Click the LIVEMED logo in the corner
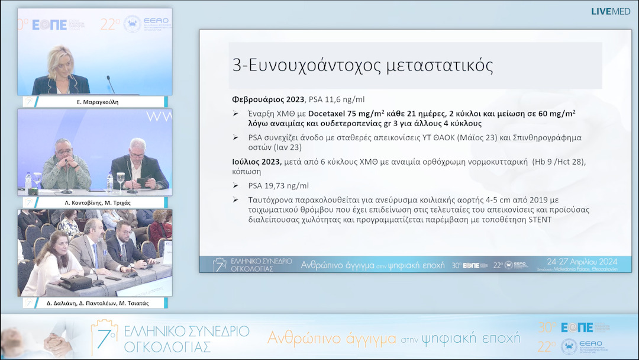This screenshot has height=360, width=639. (x=610, y=11)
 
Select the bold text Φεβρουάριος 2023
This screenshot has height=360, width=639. (x=267, y=99)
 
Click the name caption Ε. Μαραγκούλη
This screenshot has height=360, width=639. (x=95, y=102)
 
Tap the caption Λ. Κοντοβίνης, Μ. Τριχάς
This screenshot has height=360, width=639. (x=95, y=202)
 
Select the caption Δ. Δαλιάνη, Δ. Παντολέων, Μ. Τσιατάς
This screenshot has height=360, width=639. (x=95, y=303)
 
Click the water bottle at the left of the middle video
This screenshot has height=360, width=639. (x=28, y=181)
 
